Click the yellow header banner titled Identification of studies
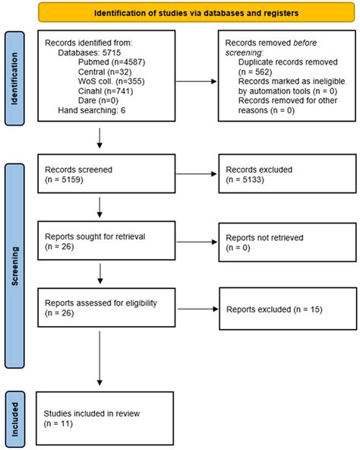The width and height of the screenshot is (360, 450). (196, 13)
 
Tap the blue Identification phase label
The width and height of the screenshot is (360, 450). (17, 78)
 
